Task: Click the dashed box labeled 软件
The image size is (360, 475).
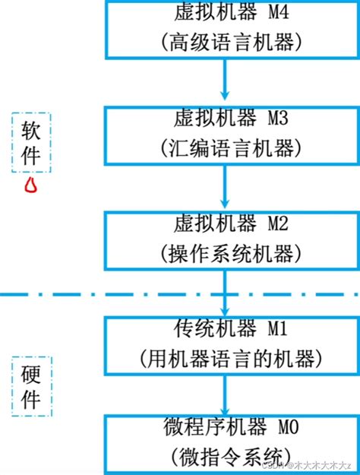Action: [x=31, y=142]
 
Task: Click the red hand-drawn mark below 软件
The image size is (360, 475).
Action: [x=31, y=185]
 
